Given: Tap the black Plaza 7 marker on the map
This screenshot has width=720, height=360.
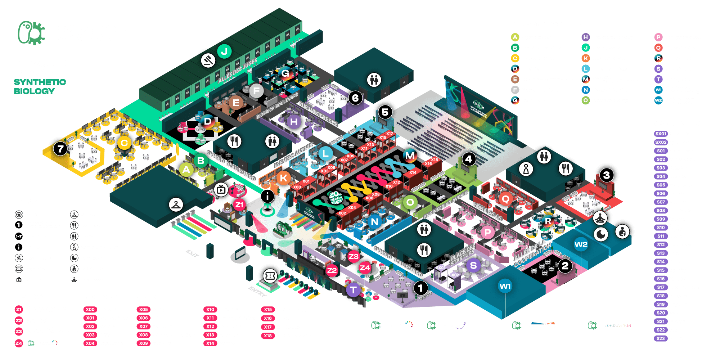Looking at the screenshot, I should [x=60, y=148].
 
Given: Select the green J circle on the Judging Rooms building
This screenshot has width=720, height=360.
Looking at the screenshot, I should [x=224, y=51].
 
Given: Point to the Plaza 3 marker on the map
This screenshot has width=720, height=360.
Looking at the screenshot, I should [x=607, y=175].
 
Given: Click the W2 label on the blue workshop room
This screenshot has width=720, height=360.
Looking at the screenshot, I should [x=581, y=244].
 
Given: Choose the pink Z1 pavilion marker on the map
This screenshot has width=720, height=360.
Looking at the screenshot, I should [x=239, y=205].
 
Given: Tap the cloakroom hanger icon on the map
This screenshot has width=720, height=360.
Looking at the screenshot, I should [x=176, y=204].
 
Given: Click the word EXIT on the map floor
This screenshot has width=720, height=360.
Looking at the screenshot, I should [x=192, y=253].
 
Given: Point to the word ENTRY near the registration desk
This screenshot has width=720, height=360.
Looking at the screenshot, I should [x=257, y=291].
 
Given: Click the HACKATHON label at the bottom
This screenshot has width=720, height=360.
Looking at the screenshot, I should [x=617, y=325].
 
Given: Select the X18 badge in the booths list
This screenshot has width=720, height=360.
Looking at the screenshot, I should [x=267, y=336].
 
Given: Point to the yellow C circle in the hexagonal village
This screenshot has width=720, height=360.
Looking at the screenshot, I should [x=124, y=143].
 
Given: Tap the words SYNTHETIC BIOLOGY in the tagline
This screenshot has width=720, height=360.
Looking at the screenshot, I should [x=40, y=86].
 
